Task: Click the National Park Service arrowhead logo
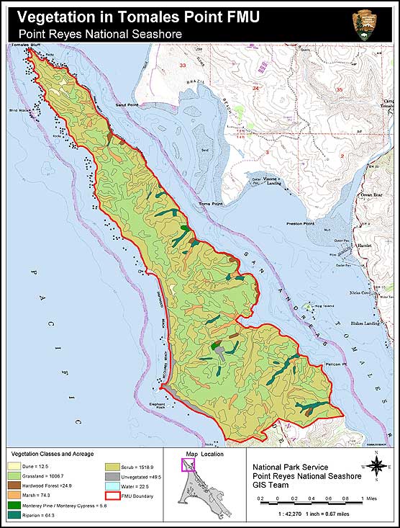point(363,25)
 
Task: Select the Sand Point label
point(127,105)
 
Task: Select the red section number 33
point(183,66)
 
